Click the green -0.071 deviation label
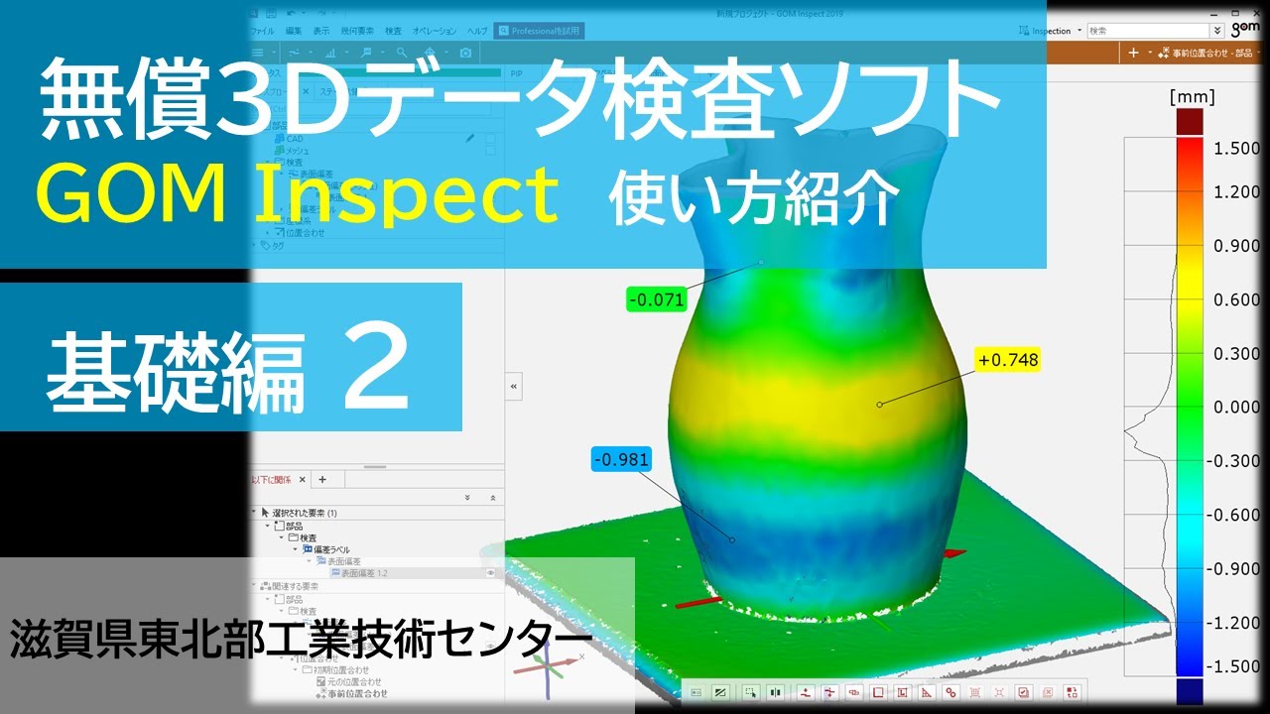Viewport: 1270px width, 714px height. tap(657, 297)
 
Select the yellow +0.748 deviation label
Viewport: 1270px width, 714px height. tap(1007, 360)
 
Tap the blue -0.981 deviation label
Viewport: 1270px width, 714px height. tap(621, 460)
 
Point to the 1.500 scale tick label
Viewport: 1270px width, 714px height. tap(1236, 148)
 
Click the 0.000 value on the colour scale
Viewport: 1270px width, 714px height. tap(1236, 408)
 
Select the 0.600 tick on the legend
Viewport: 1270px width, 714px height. tap(1236, 299)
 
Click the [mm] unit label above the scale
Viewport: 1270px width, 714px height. tap(1192, 97)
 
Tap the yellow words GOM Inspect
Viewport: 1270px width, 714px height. tap(298, 195)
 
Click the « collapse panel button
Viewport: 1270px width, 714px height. tap(513, 386)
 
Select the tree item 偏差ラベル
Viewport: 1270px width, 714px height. tap(331, 549)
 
